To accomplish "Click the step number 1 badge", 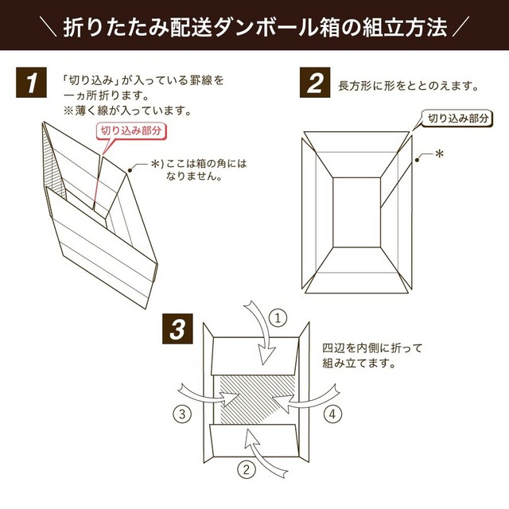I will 31,84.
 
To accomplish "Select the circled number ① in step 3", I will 278,318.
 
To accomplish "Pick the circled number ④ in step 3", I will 335,414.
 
